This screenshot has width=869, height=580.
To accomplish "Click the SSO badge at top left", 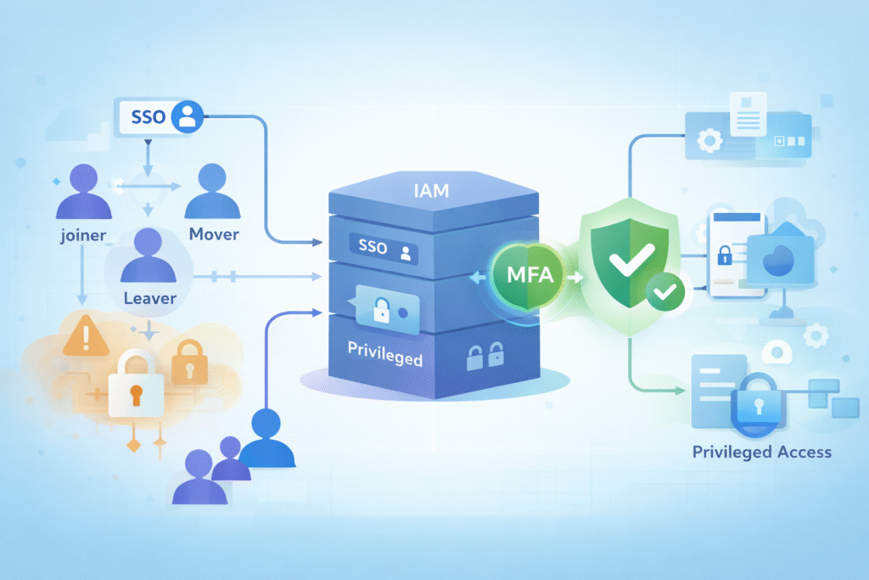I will [158, 118].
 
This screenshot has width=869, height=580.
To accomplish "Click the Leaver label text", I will [149, 298].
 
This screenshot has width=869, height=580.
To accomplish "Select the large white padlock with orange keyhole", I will [135, 385].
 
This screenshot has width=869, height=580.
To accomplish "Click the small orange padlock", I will [189, 361].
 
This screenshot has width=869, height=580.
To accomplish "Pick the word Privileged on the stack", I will [384, 358].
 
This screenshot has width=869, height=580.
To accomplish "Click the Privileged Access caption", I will [761, 452].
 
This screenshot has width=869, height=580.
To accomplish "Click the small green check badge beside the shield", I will [666, 294].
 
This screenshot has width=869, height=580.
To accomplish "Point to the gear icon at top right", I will [708, 141].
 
